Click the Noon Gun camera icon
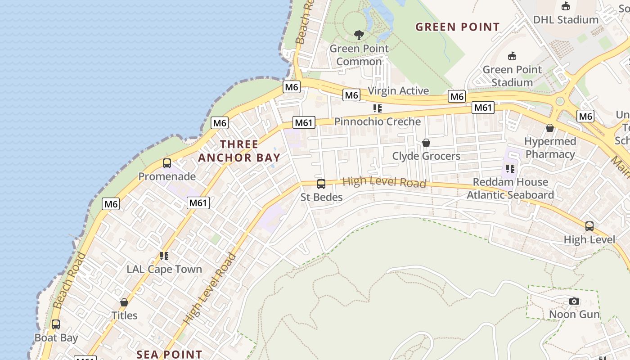574,301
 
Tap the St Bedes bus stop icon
321,184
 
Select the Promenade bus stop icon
166,163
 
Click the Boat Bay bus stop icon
56,324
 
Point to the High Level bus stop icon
589,226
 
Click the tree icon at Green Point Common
359,35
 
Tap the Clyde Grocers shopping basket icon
426,143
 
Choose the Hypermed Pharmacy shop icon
549,128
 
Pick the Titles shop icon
124,302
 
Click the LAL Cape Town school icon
164,256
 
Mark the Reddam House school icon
510,169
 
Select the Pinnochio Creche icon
377,108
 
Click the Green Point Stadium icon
512,56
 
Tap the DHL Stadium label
565,20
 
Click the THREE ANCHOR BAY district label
239,151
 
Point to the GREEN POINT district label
457,27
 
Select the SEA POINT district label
169,354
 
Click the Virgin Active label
398,90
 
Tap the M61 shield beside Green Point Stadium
483,108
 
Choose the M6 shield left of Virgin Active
351,95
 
